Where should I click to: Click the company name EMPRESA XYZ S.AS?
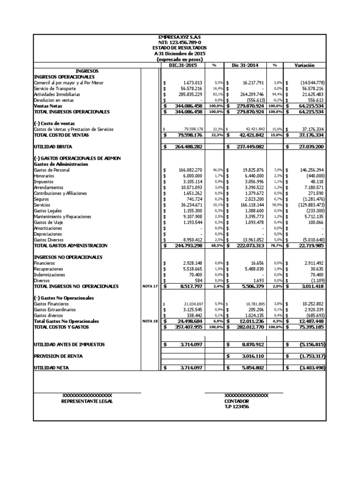click(180, 37)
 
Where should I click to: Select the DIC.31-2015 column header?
click(183, 66)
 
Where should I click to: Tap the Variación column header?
click(304, 66)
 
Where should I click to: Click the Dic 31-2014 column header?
click(245, 66)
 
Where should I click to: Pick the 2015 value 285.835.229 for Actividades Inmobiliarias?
click(187, 94)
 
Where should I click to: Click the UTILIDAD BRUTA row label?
click(52, 147)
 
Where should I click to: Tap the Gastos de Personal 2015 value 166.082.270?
click(187, 170)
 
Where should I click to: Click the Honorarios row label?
click(44, 176)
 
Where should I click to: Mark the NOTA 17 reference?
click(150, 286)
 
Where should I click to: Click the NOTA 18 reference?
click(150, 322)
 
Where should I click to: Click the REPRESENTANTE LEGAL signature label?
click(87, 402)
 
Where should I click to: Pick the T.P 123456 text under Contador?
click(237, 407)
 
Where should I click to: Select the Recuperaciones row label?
click(48, 270)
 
